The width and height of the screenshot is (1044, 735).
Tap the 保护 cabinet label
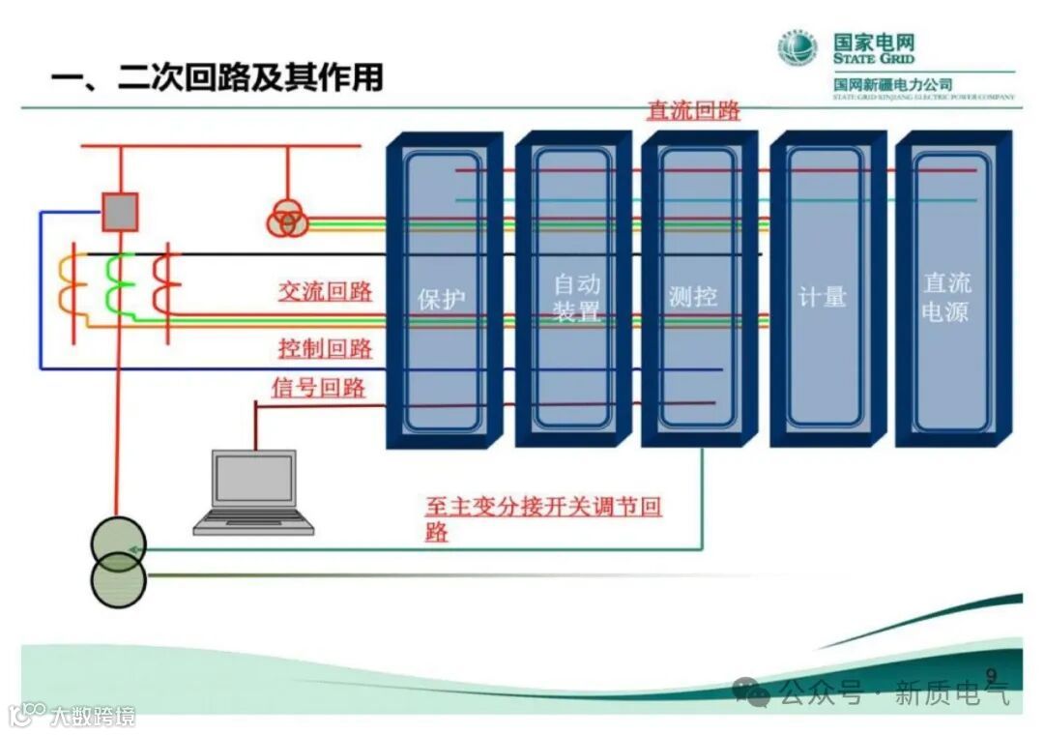pyautogui.click(x=442, y=298)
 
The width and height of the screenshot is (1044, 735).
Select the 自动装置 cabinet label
pyautogui.click(x=577, y=297)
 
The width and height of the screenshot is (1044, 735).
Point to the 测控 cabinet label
pyautogui.click(x=693, y=297)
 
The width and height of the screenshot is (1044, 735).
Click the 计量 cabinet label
pyautogui.click(x=823, y=297)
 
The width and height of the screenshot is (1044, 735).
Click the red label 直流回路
pyautogui.click(x=693, y=111)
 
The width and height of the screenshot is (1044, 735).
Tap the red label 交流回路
pyautogui.click(x=325, y=291)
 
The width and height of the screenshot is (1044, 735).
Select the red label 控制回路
pyautogui.click(x=325, y=348)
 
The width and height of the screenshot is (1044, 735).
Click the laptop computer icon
pyautogui.click(x=254, y=491)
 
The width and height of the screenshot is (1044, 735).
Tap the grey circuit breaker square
pyautogui.click(x=121, y=212)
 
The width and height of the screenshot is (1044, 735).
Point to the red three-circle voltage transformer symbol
pyautogui.click(x=287, y=220)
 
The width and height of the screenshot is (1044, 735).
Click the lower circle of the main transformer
pyautogui.click(x=118, y=581)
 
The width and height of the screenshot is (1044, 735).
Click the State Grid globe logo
pyautogui.click(x=798, y=49)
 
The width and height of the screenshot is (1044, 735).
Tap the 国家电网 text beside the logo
pyautogui.click(x=874, y=43)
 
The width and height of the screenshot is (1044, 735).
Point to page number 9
pyautogui.click(x=991, y=674)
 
